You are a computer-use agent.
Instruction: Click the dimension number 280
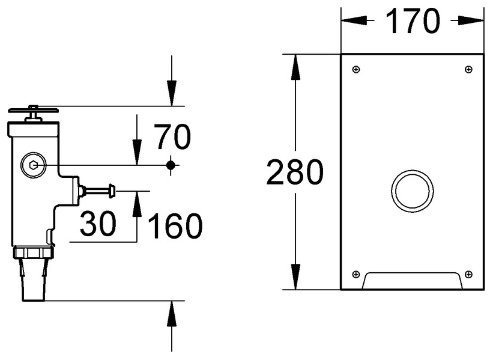(x=294, y=173)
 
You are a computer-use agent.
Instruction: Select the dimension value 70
(x=172, y=137)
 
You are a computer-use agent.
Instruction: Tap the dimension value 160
(x=175, y=226)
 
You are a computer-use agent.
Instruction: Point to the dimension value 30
(x=98, y=224)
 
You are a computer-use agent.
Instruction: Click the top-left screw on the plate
(x=356, y=70)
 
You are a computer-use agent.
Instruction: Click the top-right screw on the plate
(x=468, y=70)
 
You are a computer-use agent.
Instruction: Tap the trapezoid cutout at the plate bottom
(x=412, y=281)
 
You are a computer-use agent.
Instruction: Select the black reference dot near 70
(x=172, y=164)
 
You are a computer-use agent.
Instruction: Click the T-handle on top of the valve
(x=34, y=111)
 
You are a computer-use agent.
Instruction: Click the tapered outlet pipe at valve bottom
(x=34, y=279)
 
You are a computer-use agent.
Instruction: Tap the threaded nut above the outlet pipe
(x=34, y=252)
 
